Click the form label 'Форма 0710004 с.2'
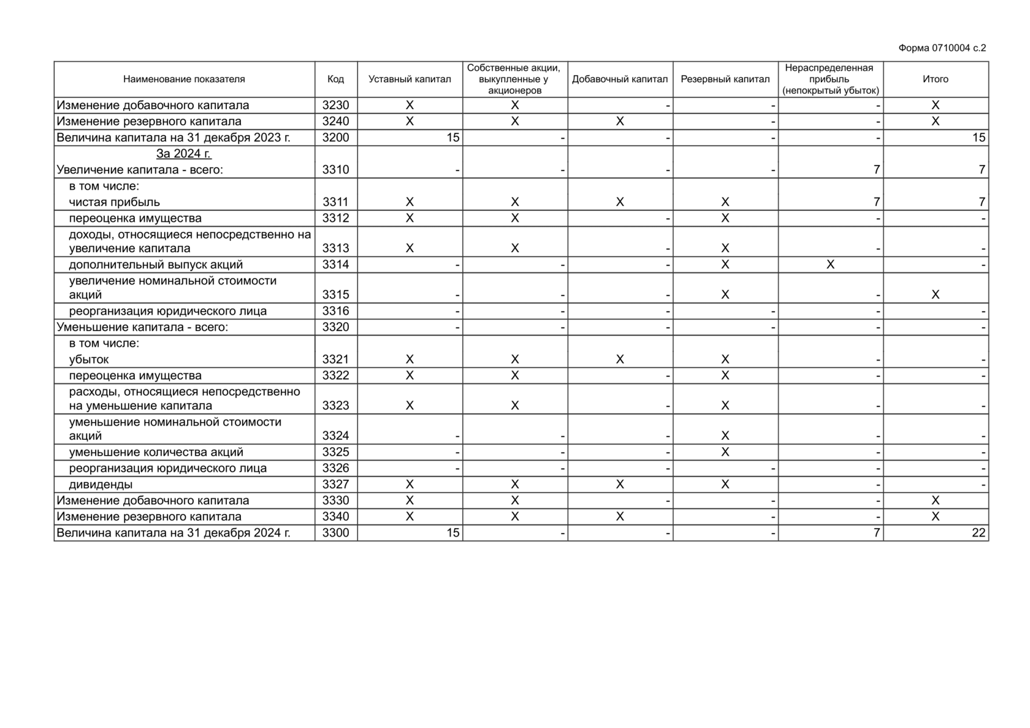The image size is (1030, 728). [x=942, y=48]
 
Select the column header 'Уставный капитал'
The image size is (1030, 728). [x=410, y=79]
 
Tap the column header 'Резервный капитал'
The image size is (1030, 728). [x=725, y=79]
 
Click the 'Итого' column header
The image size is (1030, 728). [x=935, y=79]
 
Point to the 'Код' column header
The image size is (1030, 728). [x=335, y=79]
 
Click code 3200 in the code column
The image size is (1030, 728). [x=335, y=137]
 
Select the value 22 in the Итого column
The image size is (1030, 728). [x=979, y=532]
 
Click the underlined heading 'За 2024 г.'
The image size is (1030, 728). [x=183, y=153]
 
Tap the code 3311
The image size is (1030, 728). [x=335, y=202]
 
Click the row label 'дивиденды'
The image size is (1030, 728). [x=101, y=485]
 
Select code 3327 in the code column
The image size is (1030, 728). [x=335, y=485]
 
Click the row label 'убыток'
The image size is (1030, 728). [x=89, y=359]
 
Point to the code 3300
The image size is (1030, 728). [x=335, y=532]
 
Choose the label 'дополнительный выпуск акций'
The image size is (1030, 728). [x=156, y=264]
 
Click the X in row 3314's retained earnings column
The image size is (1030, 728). [x=830, y=264]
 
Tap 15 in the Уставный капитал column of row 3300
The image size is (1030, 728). [x=452, y=532]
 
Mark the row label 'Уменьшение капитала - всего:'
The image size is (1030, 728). [x=142, y=327]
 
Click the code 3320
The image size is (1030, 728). [x=335, y=327]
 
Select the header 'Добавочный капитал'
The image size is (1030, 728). [x=619, y=79]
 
